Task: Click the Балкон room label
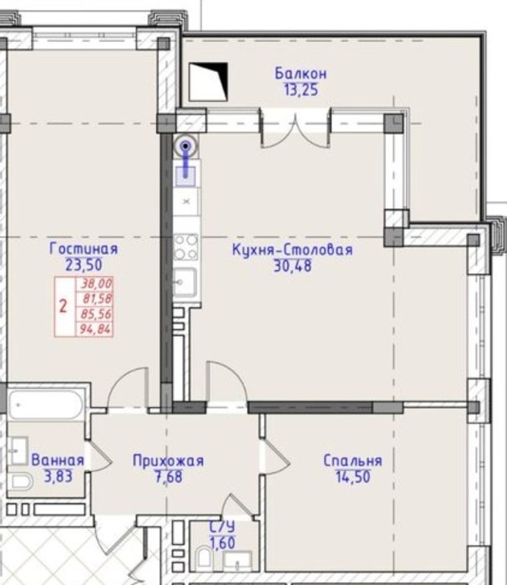click(301, 74)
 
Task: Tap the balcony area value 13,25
click(301, 90)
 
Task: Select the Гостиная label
click(84, 248)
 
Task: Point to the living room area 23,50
click(84, 265)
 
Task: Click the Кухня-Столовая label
click(292, 249)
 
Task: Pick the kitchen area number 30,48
click(292, 266)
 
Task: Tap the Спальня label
click(352, 460)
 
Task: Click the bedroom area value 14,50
click(352, 477)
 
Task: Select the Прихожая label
click(168, 461)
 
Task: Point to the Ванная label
click(58, 460)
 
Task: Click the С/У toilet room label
click(222, 526)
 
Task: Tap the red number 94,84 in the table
click(95, 329)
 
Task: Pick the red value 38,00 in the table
click(96, 284)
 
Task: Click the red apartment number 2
click(63, 307)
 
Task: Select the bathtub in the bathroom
click(45, 405)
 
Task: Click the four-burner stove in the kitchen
click(185, 247)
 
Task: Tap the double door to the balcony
click(295, 128)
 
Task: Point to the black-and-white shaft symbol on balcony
click(208, 82)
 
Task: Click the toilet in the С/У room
click(204, 557)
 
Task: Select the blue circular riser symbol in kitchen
click(186, 146)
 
